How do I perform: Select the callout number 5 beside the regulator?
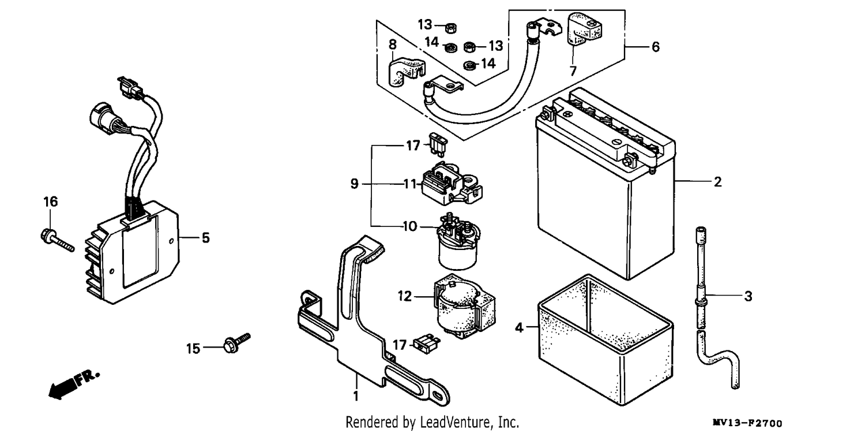click(x=206, y=238)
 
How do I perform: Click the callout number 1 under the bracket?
click(x=356, y=396)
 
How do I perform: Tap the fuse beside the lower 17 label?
click(x=427, y=345)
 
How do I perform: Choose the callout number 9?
click(x=355, y=184)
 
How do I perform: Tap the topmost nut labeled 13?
click(x=450, y=28)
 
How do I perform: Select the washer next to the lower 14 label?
click(x=469, y=65)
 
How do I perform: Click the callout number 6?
click(x=655, y=47)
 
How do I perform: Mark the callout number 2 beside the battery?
click(x=717, y=182)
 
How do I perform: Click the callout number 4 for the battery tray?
click(x=519, y=328)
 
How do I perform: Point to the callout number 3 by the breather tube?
click(x=748, y=297)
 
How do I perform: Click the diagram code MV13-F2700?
click(x=747, y=423)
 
